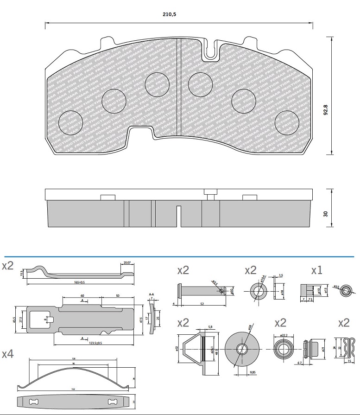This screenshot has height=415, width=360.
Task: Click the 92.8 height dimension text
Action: pyautogui.click(x=325, y=111)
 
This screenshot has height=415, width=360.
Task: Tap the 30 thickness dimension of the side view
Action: pyautogui.click(x=325, y=214)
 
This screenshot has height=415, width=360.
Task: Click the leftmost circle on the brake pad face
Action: pyautogui.click(x=71, y=122)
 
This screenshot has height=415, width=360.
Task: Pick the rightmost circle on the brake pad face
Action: pyautogui.click(x=286, y=123)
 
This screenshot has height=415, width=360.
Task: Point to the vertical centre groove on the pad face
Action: pyautogui.click(x=179, y=88)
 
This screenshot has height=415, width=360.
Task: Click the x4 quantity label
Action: pyautogui.click(x=8, y=354)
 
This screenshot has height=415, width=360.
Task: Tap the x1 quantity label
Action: pyautogui.click(x=316, y=270)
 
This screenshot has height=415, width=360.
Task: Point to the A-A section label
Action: pyautogui.click(x=152, y=294)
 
